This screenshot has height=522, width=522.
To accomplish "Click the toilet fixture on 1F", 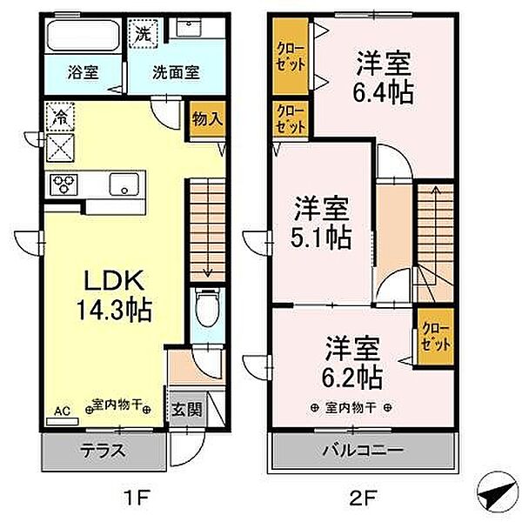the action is pos(208,308).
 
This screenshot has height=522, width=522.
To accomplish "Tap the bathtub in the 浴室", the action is pos(84,36).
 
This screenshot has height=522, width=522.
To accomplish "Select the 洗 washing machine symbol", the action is pos(144,33).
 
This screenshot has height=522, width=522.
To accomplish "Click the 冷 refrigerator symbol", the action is pos(60,117).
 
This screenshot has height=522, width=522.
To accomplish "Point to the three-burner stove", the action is pos(64,184).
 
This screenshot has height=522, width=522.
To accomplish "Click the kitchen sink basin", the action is pos(124,184).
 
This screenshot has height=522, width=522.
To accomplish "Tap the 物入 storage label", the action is pos(207,118).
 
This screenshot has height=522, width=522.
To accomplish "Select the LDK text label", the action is pos(114,280).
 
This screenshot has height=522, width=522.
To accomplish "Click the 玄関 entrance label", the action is pos(187,409).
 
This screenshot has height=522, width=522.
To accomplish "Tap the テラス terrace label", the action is pos(103,451).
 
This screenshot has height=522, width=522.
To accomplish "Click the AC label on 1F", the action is pos(63,412).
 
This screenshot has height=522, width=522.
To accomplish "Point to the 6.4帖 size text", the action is pos(383,92).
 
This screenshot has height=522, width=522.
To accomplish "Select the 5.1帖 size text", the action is pos(321,238).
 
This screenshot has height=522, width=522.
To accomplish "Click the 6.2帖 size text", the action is pos(351,378).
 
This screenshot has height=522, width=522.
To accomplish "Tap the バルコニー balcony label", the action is pos(364,451).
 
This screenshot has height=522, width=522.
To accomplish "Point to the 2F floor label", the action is pos(362,498).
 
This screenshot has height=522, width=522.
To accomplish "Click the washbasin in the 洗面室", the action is pos(189,27).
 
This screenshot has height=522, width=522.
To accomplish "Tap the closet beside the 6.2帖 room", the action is pos(436,336).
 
